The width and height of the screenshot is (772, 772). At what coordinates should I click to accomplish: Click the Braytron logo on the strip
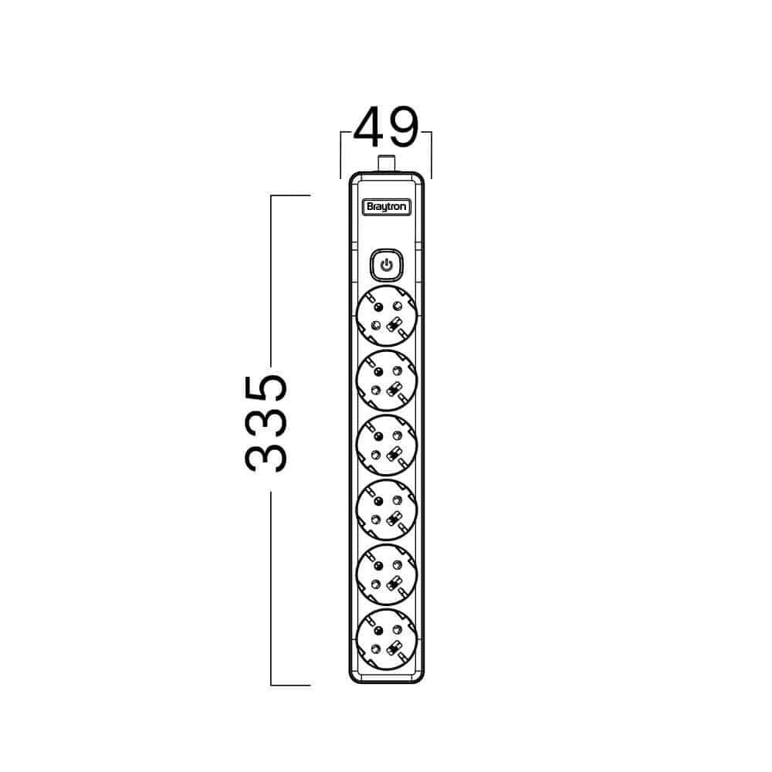click(x=387, y=207)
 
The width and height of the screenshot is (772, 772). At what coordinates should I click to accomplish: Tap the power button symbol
click(x=387, y=266)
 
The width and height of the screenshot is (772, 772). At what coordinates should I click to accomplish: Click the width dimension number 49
click(x=386, y=127)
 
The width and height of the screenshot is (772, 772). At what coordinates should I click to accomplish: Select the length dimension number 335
click(x=266, y=423)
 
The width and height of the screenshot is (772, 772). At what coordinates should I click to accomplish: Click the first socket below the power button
click(x=387, y=316)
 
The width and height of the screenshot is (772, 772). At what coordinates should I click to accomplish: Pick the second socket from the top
click(x=387, y=381)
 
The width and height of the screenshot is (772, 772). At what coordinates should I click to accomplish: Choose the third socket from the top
click(x=387, y=445)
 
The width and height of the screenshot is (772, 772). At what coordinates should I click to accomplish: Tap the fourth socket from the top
click(x=387, y=510)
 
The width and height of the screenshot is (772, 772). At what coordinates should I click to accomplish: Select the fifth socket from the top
click(x=387, y=574)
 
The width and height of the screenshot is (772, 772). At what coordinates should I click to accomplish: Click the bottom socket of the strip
click(x=387, y=639)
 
